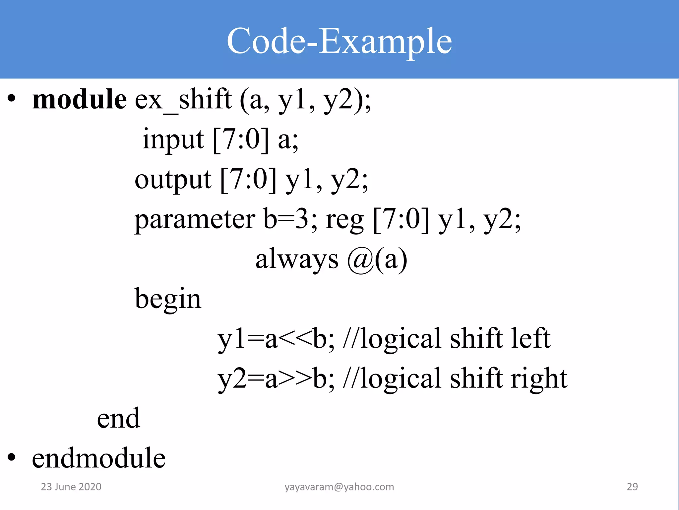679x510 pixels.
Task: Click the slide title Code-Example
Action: point(339,41)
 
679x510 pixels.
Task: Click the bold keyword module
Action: point(80,99)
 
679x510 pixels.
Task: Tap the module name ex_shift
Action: point(183,99)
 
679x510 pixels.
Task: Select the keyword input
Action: point(173,139)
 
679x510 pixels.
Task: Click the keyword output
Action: point(173,179)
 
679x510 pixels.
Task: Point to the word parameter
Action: point(195,219)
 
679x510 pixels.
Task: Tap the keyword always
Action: point(297,259)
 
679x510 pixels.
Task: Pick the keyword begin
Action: point(168,299)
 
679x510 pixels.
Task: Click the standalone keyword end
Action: point(118,418)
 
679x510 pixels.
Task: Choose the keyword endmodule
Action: point(99,458)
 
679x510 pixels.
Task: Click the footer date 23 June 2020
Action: point(71,487)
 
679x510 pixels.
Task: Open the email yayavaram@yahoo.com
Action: point(339,487)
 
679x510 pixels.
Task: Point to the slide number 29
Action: point(632,487)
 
